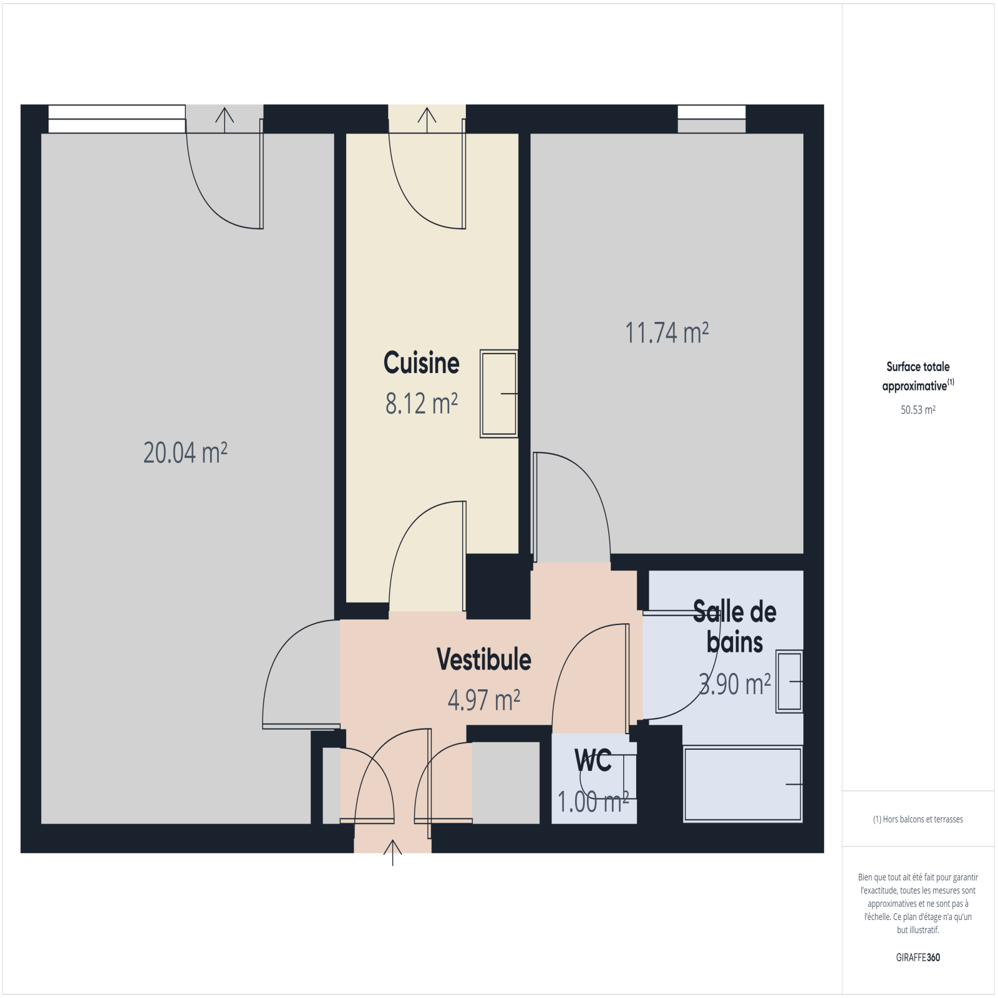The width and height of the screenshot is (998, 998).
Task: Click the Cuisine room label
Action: [x=421, y=363]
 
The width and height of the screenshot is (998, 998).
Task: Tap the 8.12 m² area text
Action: [x=421, y=404]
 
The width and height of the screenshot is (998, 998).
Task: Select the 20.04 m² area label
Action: [x=185, y=453]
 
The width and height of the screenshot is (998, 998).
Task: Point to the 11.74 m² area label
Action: [x=667, y=332]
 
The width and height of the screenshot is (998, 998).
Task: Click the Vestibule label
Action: [x=483, y=659]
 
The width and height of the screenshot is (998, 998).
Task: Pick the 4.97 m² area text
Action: [x=483, y=700]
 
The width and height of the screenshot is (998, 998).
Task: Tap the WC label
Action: [x=593, y=761]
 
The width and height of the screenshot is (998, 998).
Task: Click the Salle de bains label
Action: [x=735, y=627]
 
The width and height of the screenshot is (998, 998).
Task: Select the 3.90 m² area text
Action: [x=735, y=684]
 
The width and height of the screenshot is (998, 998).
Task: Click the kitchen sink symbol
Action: [x=498, y=394]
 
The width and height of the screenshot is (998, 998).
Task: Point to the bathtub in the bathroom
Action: [x=742, y=784]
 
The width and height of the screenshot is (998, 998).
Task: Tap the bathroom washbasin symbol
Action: [x=789, y=681]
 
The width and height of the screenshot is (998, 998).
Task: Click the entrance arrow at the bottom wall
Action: [x=392, y=853]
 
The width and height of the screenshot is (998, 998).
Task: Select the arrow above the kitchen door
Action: [x=427, y=120]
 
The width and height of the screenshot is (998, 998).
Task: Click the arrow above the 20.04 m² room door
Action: [x=225, y=120]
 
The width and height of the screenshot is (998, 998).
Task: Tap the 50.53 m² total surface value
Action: [x=918, y=410]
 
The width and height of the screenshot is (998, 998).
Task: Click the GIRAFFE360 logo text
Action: [x=918, y=957]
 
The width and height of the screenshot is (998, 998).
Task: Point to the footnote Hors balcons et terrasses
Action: [x=918, y=819]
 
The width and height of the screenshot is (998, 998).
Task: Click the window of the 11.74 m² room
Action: [x=712, y=119]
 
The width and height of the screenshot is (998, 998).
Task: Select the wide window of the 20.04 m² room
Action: [x=117, y=119]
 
